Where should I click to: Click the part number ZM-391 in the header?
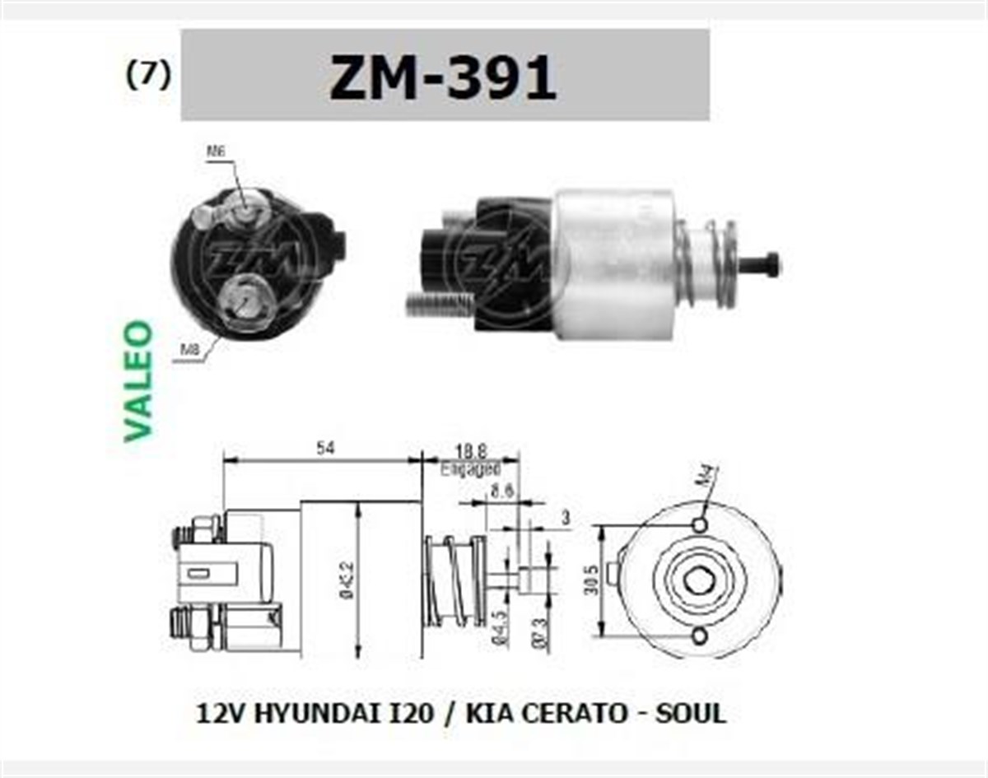443,78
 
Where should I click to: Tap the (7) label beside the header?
148,75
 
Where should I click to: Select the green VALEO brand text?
138,380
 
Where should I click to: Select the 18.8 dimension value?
470,450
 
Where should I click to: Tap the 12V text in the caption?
217,712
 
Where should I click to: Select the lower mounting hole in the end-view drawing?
700,636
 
